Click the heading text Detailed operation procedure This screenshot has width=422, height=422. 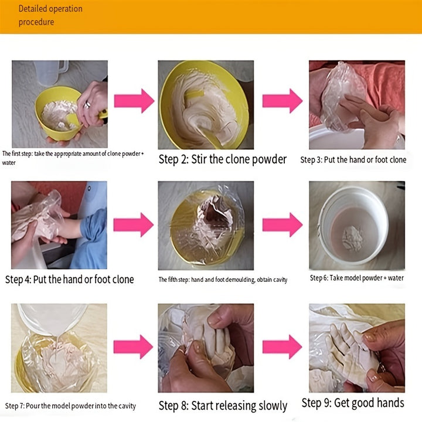50,15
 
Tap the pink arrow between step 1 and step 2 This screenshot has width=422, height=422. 134,101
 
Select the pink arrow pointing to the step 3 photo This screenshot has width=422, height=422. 283,101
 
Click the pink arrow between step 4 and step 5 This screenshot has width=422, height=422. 134,224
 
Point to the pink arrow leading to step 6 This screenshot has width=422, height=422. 283,224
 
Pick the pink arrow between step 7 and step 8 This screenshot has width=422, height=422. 133,346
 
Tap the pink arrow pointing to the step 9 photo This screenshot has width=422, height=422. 282,346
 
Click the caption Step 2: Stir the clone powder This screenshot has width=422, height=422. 223,159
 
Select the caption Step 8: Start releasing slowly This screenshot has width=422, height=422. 223,406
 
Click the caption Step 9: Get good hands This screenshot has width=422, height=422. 353,403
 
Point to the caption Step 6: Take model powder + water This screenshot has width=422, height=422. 356,278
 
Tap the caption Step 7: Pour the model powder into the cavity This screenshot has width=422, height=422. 70,406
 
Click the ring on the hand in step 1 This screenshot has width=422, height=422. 87,104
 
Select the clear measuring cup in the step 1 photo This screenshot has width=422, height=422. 51,72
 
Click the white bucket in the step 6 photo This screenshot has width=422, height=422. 353,225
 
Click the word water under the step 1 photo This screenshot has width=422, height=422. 9,162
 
